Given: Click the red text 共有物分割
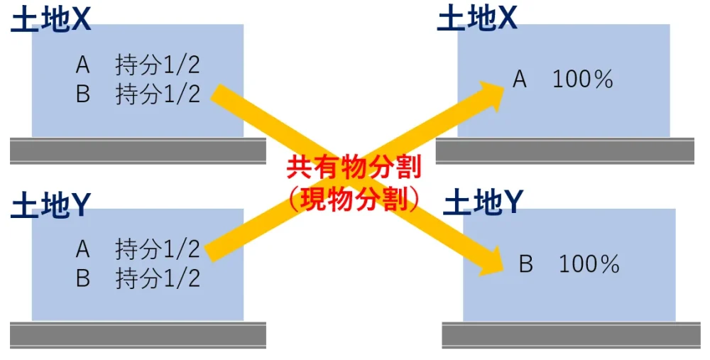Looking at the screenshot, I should click(354, 168).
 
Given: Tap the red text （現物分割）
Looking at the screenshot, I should click(354, 200).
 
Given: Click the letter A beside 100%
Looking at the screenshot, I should click(520, 80).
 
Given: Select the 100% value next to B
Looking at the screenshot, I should click(589, 265).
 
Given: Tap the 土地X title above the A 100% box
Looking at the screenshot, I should click(476, 19).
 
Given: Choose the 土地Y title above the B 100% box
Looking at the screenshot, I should click(483, 204).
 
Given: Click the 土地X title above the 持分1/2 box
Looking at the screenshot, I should click(50, 21).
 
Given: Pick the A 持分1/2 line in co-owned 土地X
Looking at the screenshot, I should click(138, 66).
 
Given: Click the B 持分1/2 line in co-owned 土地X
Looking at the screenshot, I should click(138, 94).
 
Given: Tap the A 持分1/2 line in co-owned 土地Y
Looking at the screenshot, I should click(138, 249).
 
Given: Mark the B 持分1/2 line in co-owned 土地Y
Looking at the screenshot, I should click(138, 278).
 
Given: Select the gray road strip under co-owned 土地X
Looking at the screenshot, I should click(138, 151).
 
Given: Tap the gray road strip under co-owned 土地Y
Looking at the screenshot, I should click(138, 334).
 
